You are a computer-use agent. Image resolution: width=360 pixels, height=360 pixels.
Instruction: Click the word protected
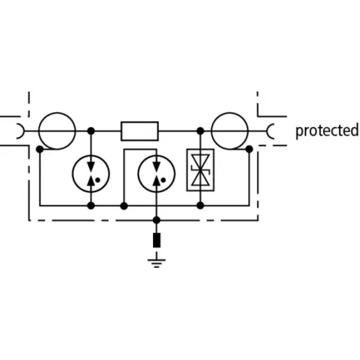coord(327,131)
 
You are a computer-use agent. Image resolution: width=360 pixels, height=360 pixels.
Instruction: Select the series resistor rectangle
coord(140,131)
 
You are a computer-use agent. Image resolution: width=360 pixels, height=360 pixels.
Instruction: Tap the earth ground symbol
coord(157,259)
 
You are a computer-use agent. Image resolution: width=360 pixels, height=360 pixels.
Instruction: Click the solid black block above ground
coord(157,240)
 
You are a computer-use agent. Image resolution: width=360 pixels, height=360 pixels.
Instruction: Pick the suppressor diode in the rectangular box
coord(201,170)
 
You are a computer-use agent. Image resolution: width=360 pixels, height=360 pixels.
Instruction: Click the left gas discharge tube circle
coord(73,173)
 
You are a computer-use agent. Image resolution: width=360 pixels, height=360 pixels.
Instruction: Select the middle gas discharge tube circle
coord(138,173)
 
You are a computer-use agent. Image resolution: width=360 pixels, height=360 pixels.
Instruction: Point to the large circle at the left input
coord(38,131)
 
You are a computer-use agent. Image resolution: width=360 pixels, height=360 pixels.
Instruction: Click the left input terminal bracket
coord(23,131)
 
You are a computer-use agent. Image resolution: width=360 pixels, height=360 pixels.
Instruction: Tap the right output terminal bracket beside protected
coord(268,131)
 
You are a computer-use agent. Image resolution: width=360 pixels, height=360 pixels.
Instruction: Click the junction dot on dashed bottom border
coord(157,220)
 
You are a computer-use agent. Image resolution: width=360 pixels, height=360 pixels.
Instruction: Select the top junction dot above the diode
coord(201,131)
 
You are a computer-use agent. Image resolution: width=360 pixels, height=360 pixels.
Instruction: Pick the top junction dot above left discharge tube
coord(91,131)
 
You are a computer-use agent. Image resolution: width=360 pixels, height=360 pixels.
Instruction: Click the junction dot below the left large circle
coord(40,149)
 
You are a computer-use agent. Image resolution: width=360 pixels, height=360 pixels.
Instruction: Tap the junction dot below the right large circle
coord(250,149)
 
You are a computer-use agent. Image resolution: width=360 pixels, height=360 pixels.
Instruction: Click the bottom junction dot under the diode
coord(201,206)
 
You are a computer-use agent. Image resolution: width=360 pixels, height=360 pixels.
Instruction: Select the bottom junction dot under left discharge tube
coord(91,206)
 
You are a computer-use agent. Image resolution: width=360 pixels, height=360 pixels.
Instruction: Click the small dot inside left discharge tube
coord(98,180)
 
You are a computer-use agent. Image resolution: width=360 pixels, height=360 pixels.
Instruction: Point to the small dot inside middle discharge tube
coord(164,180)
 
